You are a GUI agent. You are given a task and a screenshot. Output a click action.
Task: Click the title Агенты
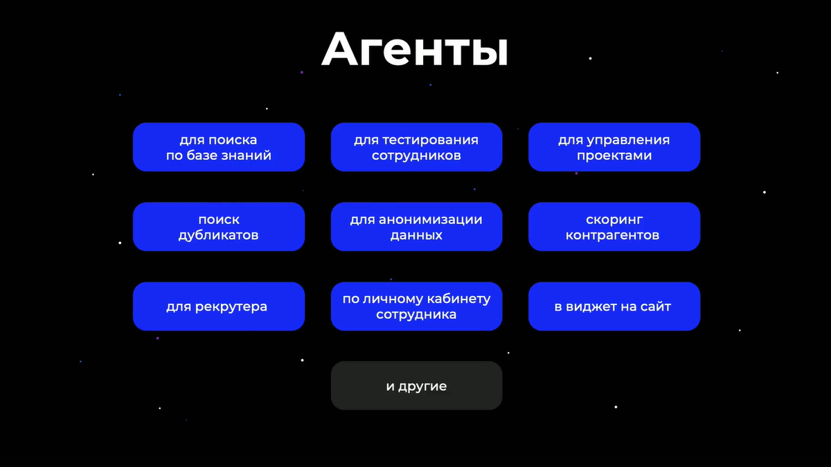pos(415,49)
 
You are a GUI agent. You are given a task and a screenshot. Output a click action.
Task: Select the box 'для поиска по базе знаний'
pos(219,147)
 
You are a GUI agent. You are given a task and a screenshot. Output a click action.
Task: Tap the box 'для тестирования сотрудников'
pos(416,147)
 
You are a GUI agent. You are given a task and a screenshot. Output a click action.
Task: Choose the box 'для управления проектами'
pos(614,147)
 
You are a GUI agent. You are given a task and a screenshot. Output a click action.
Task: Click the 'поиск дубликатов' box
pos(219,227)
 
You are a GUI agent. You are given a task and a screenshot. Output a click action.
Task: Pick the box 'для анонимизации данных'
pos(416,227)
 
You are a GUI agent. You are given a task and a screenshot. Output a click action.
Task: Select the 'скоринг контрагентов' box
pos(614,227)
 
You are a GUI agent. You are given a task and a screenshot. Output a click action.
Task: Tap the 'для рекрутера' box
pos(219,306)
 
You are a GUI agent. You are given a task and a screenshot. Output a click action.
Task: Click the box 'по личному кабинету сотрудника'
pos(416,306)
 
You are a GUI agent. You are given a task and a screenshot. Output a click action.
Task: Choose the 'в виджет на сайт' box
pos(614,306)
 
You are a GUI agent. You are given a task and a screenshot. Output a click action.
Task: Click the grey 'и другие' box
pos(416,386)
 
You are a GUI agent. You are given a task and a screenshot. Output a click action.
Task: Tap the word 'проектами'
pos(614,156)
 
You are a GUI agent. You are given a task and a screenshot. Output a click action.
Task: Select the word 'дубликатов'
pos(219,235)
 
